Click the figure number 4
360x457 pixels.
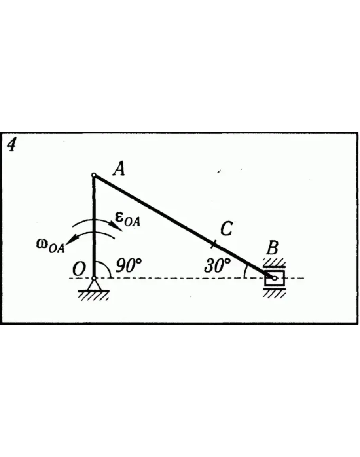pos(12,145)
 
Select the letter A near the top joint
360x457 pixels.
pos(118,170)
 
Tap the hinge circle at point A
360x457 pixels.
pos(94,175)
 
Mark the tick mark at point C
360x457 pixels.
pos(214,245)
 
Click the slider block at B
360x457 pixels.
pos(274,278)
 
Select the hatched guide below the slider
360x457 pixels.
pos(274,293)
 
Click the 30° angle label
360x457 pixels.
pos(217,266)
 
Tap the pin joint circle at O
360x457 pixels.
pos(94,279)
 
